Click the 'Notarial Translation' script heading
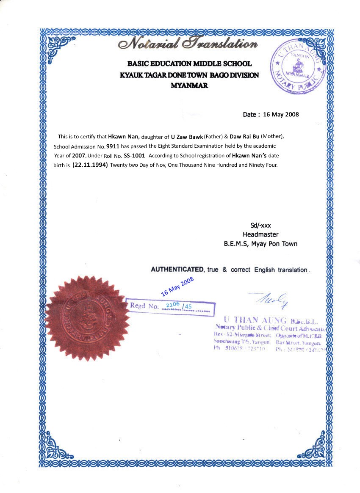pos(188,44)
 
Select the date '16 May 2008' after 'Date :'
pos(281,114)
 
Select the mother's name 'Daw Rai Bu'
pos(244,137)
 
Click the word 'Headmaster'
pos(260,234)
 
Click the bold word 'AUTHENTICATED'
pos(177,270)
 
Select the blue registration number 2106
pos(172,304)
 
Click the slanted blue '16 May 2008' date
pos(177,286)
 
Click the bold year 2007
pos(78,155)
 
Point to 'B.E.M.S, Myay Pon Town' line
pos(260,244)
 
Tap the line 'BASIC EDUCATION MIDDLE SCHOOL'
pos(189,64)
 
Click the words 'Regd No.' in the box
pos(144,306)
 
